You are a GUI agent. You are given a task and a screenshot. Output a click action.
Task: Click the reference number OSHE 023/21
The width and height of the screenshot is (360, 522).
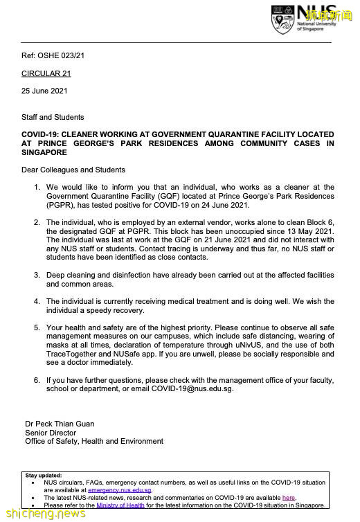[65, 56]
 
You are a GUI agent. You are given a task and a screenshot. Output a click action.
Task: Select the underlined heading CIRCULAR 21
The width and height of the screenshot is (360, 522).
[46, 73]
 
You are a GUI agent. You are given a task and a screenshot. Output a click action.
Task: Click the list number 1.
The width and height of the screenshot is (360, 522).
[36, 187]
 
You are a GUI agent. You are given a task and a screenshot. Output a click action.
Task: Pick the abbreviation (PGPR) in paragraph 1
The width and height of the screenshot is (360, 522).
[62, 205]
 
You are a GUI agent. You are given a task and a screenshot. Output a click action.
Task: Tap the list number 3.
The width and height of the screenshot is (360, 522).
[36, 275]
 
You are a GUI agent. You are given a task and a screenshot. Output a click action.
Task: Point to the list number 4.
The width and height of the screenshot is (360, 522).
[36, 301]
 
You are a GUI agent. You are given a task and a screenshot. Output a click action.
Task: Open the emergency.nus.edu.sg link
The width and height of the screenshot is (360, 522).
[120, 490]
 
